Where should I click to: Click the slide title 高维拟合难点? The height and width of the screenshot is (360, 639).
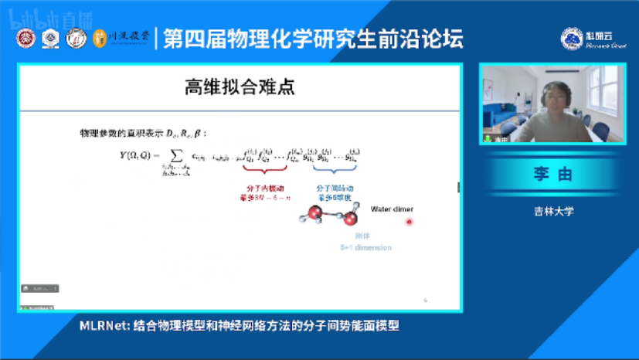[x=239, y=87]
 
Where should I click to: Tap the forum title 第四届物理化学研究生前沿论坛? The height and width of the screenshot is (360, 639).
[x=314, y=38]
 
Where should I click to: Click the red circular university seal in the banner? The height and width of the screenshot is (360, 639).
[x=26, y=38]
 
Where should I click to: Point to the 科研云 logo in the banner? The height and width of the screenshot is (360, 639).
[x=586, y=39]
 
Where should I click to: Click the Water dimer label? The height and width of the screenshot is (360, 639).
[x=392, y=209]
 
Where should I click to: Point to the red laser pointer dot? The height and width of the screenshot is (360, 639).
[x=410, y=222]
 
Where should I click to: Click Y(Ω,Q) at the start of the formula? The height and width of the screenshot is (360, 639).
[x=131, y=156]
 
